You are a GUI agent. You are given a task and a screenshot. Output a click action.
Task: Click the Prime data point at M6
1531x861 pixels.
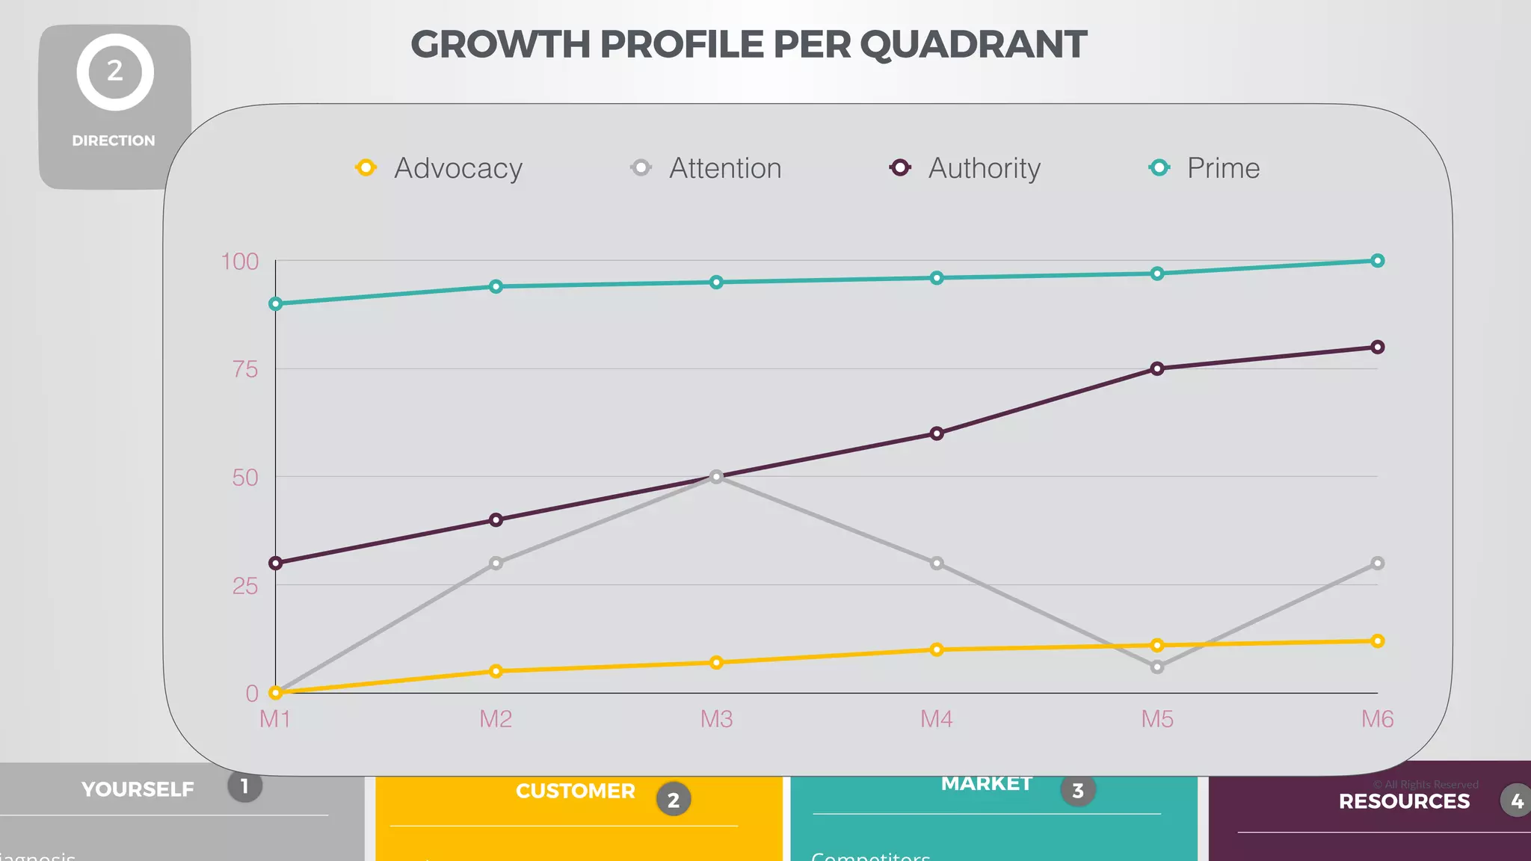click(1377, 261)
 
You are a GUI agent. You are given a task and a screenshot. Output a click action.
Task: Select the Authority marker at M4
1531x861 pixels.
click(936, 433)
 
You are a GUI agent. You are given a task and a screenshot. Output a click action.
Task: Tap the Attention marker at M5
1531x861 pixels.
click(1156, 667)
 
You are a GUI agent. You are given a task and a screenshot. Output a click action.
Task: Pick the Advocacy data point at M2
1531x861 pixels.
click(496, 671)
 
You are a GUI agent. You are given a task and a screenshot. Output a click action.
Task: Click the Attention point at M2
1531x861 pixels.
click(496, 563)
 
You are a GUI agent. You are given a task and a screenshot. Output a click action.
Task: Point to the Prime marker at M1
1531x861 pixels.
click(275, 303)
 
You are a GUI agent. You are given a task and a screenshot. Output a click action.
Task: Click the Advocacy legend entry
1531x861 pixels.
click(458, 168)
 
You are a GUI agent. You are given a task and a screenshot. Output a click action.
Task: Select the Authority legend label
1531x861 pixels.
click(984, 168)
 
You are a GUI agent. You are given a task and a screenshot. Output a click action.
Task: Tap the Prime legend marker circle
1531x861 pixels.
click(1159, 167)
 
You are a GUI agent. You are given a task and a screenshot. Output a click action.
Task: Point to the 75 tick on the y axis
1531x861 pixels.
click(245, 369)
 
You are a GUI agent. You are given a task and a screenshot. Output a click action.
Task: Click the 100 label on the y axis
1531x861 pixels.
click(240, 262)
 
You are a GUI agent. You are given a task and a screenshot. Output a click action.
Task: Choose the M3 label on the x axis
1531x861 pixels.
click(716, 719)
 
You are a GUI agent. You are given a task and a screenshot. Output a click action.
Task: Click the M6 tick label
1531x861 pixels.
click(1377, 719)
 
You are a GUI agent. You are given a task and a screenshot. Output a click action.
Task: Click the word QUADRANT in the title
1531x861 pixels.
click(973, 45)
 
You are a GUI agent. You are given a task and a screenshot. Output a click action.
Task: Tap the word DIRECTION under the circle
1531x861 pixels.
click(114, 141)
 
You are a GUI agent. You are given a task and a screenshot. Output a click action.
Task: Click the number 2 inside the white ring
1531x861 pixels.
click(114, 72)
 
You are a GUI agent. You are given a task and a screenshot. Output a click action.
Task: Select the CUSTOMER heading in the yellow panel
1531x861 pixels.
click(575, 791)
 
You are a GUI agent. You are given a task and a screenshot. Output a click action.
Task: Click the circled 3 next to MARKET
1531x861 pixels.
click(1077, 791)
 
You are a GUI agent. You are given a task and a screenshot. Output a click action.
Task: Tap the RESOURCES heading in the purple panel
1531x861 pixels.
click(1404, 801)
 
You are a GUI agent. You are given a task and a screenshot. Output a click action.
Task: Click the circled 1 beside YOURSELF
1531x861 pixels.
click(244, 786)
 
